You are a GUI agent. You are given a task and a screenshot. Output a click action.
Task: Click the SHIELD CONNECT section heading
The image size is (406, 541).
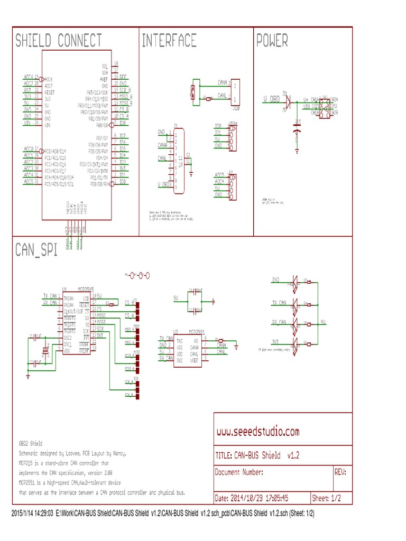coord(59,41)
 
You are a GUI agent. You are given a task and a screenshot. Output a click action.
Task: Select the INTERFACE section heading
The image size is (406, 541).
coord(169,41)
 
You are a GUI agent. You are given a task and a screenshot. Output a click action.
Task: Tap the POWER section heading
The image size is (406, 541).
coord(272,41)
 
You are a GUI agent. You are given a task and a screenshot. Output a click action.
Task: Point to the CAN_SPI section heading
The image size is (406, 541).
coord(36,250)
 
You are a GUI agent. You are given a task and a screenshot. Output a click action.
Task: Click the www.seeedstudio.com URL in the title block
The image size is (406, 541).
coord(258,432)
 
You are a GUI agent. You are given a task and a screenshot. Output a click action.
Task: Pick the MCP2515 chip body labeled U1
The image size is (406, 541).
coord(77,323)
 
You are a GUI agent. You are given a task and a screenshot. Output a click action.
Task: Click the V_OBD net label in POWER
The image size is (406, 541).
coord(271,99)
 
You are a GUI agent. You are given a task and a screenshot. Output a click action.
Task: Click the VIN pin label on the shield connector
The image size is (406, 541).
coord(28,123)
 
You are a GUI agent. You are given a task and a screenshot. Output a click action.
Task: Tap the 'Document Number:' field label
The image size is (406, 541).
coord(239,472)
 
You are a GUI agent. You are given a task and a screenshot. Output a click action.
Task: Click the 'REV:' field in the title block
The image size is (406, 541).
coord(340,472)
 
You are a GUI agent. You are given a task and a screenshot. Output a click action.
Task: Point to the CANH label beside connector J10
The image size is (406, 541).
coord(223,83)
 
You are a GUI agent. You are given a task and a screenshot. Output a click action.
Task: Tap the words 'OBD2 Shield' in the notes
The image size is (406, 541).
coord(31,443)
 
